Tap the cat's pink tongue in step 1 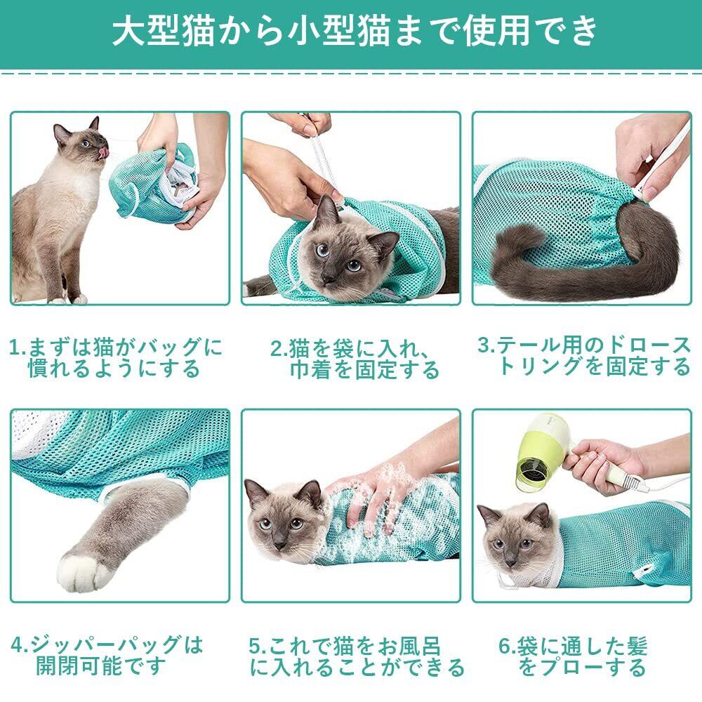(x=104, y=152)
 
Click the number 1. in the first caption (x=19, y=347)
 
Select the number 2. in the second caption (x=279, y=349)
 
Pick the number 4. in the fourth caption (x=20, y=644)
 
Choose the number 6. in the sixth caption (x=508, y=646)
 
